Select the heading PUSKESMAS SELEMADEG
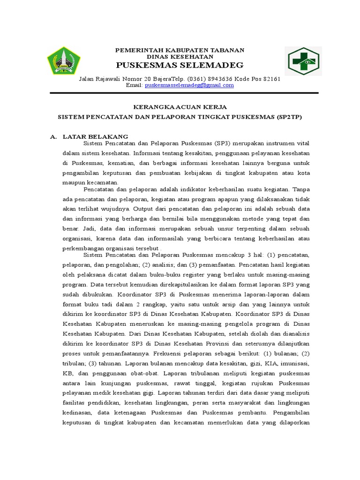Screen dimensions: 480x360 click(x=180, y=65)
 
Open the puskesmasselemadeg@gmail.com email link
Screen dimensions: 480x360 click(x=189, y=86)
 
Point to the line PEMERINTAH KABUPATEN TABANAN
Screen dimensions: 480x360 click(x=180, y=50)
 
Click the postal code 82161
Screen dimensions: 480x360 click(x=271, y=79)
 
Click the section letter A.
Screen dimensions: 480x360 click(x=53, y=136)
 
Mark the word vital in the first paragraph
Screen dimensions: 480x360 click(x=302, y=142)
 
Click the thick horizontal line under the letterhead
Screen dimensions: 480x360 click(x=180, y=92)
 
